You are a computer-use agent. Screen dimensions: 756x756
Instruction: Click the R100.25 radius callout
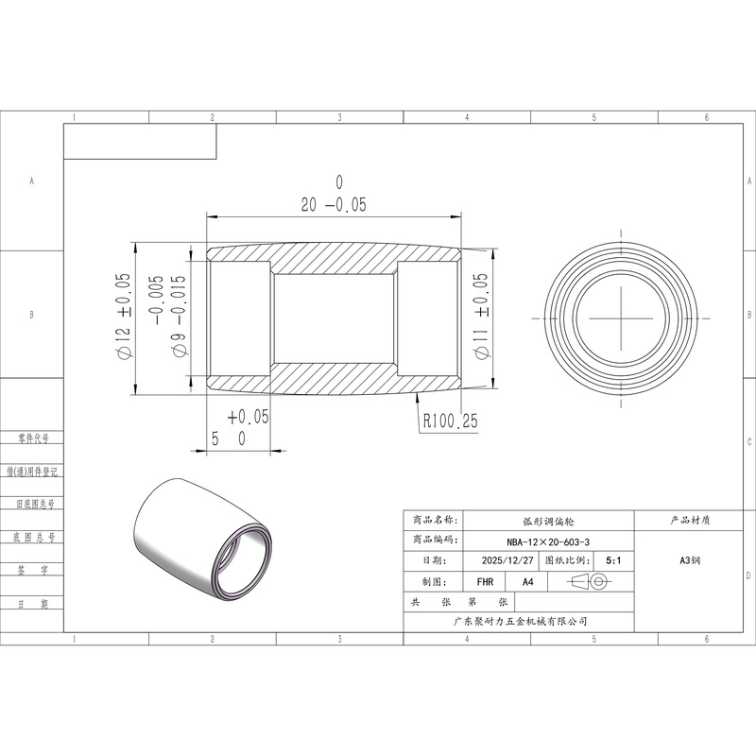pyautogui.click(x=451, y=421)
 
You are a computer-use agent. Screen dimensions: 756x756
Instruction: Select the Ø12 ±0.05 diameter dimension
pyautogui.click(x=123, y=317)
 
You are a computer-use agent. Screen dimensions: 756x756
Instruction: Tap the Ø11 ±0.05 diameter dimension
pyautogui.click(x=481, y=317)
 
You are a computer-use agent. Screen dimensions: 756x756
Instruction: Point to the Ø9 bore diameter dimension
pyautogui.click(x=169, y=317)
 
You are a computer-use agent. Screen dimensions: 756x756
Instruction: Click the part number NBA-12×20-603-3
pyautogui.click(x=548, y=541)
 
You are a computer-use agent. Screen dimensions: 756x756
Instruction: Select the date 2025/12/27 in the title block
pyautogui.click(x=507, y=560)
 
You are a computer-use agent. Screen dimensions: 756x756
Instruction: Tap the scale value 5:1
pyautogui.click(x=613, y=560)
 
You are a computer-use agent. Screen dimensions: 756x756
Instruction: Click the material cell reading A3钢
pyautogui.click(x=690, y=560)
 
